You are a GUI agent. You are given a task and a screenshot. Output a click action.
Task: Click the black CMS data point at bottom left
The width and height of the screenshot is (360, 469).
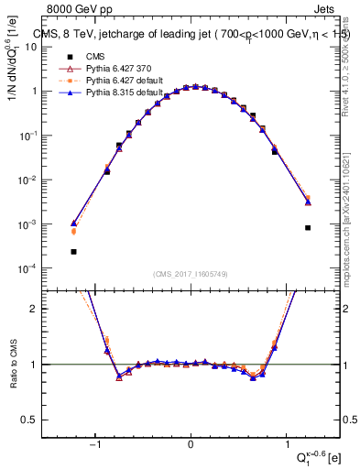click(73, 251)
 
